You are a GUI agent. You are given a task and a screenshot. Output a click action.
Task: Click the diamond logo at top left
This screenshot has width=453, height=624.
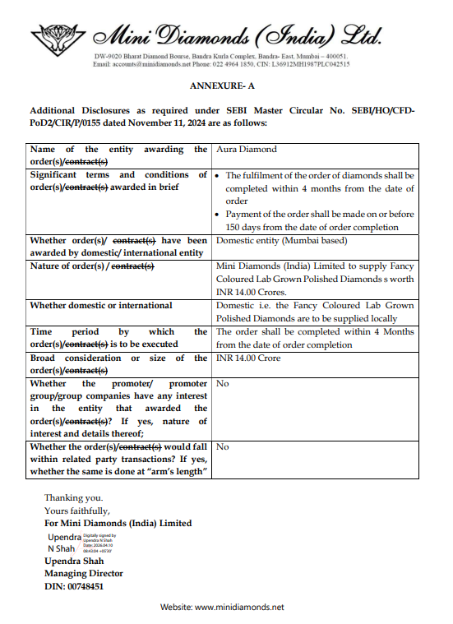[x=58, y=35]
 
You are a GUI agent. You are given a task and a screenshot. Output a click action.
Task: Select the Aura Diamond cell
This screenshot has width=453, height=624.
[x=246, y=150]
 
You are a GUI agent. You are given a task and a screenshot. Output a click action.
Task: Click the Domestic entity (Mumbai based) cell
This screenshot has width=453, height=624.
[x=281, y=241]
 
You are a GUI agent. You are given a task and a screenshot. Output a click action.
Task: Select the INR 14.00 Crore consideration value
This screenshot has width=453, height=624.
[x=248, y=358]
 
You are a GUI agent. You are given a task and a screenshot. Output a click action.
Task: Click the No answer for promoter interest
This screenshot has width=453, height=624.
[x=222, y=384]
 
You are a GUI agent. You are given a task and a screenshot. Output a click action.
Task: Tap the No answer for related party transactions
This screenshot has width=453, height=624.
[x=222, y=447]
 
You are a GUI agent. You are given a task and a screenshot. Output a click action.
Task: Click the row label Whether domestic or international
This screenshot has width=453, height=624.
[x=101, y=305]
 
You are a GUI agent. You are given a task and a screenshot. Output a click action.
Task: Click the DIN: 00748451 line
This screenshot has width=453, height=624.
[x=74, y=586]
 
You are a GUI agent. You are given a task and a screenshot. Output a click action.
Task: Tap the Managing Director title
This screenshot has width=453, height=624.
[x=84, y=574]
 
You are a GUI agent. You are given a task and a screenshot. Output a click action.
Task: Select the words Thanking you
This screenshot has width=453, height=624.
[x=73, y=497]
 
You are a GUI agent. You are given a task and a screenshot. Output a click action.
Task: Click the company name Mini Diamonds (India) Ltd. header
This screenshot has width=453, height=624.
[x=238, y=35]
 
